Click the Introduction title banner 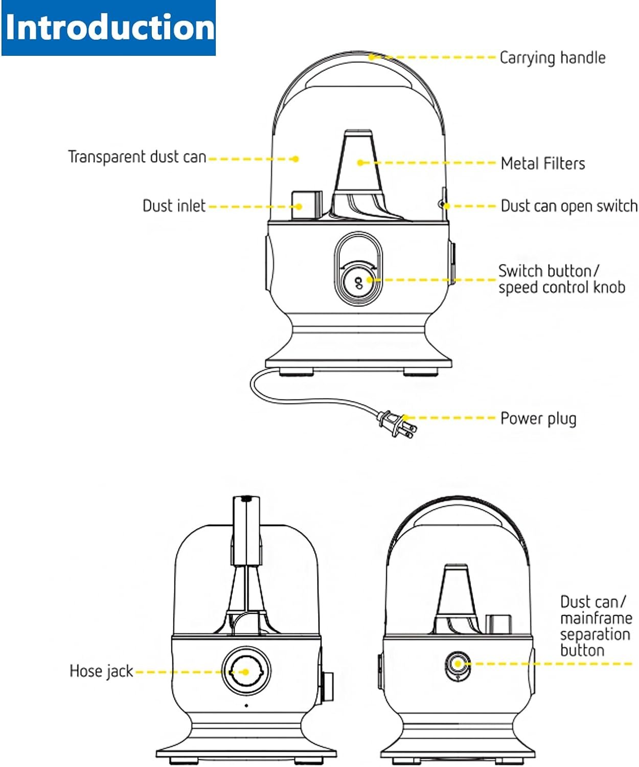[108, 28]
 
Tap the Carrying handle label [552, 58]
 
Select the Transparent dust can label [137, 156]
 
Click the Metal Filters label [542, 164]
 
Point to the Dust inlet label [174, 206]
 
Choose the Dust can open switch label [568, 206]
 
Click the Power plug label [538, 418]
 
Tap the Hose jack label [101, 671]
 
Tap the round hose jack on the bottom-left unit [246, 671]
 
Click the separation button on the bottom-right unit [458, 664]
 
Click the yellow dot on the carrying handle [372, 57]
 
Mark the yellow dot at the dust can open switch [446, 206]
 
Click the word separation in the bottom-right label [595, 635]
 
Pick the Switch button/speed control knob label [561, 279]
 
